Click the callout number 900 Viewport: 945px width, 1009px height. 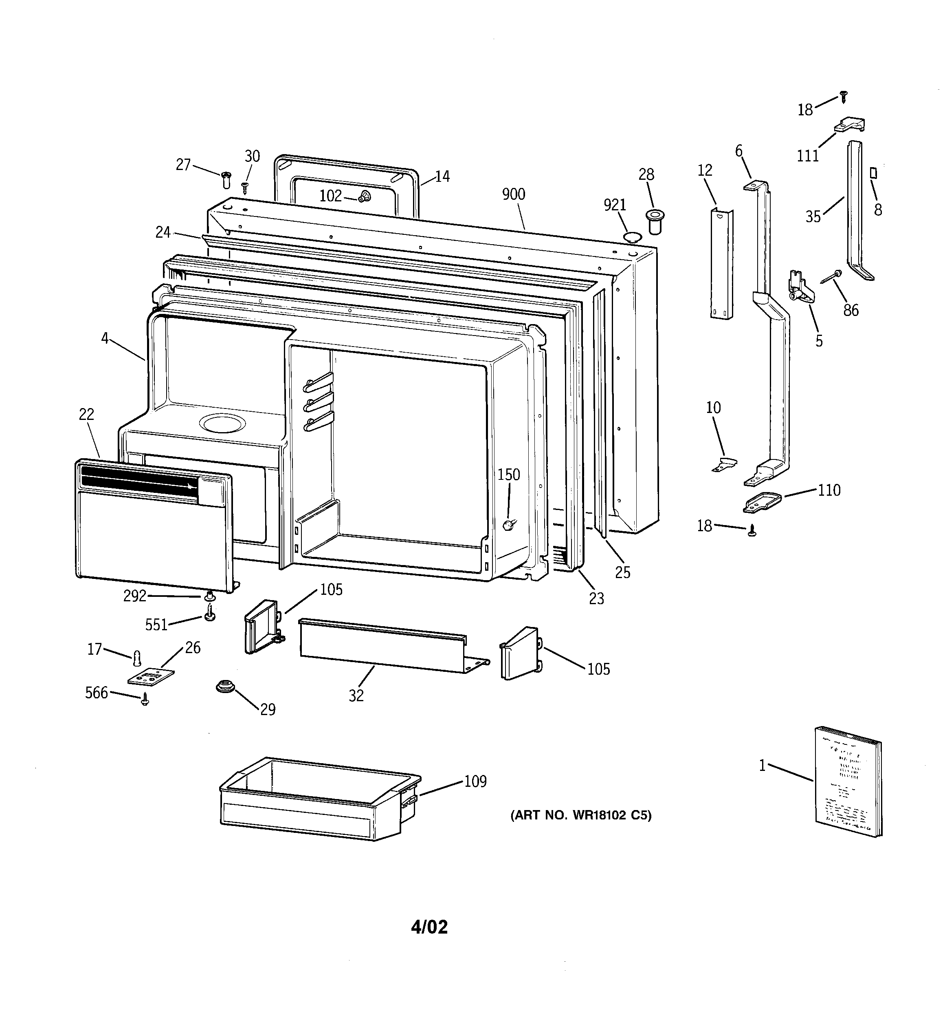tap(513, 194)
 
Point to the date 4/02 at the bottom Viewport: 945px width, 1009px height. tap(429, 927)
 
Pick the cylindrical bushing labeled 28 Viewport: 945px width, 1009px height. tap(654, 221)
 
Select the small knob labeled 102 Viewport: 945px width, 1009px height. tap(364, 197)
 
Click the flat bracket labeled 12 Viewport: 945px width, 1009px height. tap(721, 264)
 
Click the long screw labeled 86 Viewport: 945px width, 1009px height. tap(830, 277)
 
